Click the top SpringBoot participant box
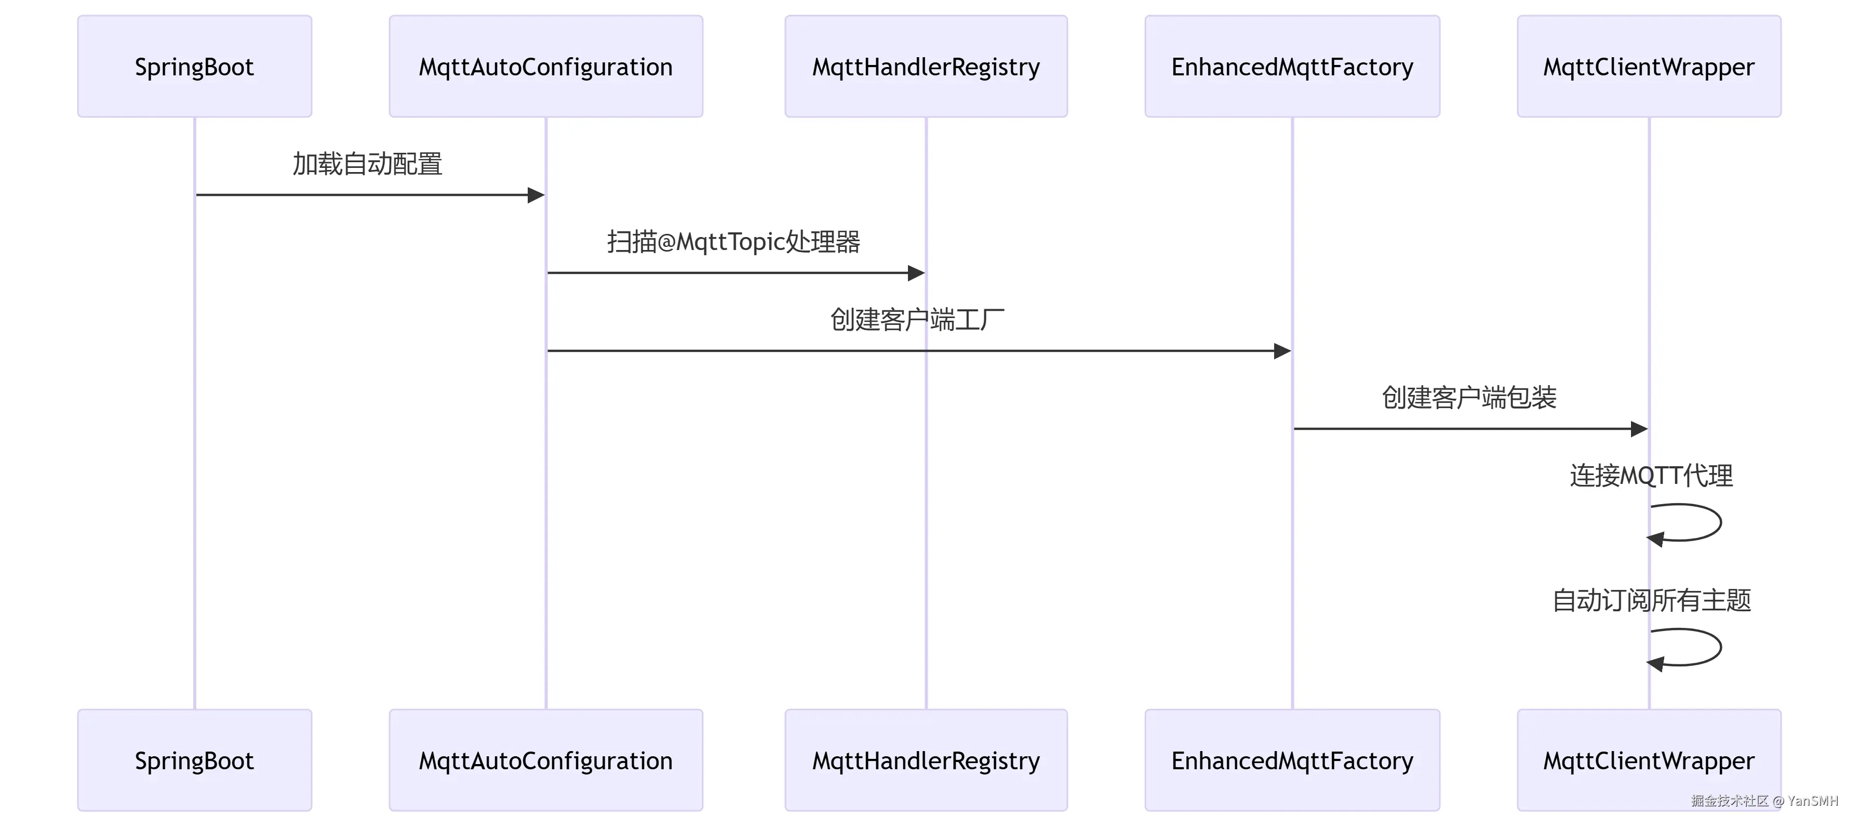tap(195, 67)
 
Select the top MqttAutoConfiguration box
tap(545, 67)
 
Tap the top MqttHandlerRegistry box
tap(926, 67)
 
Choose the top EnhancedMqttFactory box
tap(1292, 67)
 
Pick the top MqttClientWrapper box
tap(1649, 67)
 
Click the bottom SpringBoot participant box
tap(195, 760)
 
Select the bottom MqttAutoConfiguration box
tap(545, 760)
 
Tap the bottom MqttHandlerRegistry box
tap(926, 760)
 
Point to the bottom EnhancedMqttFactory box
tap(1292, 760)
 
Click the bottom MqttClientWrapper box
tap(1649, 760)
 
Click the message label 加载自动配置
tap(367, 164)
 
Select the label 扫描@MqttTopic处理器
tap(733, 242)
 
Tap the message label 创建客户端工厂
tap(917, 319)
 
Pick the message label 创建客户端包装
tap(1469, 397)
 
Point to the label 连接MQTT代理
tap(1651, 476)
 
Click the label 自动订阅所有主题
tap(1652, 600)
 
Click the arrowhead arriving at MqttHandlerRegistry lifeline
tap(916, 273)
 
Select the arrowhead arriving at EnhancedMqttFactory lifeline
tap(1282, 351)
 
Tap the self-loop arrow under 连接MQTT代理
tap(1721, 522)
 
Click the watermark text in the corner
tap(1764, 800)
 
